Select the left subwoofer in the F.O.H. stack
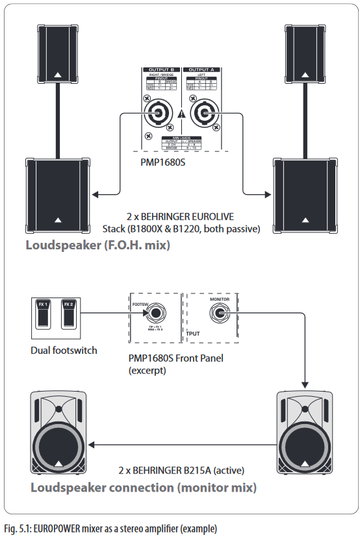click(x=58, y=193)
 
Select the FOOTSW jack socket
click(x=155, y=314)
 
